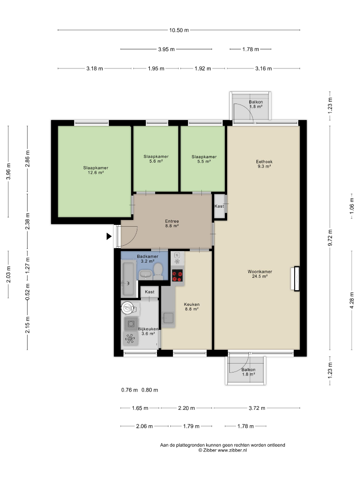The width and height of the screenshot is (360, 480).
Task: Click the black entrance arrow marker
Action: point(109,236)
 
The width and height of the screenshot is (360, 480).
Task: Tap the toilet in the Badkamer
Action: point(158,272)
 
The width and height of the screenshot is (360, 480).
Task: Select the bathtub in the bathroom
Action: point(128,279)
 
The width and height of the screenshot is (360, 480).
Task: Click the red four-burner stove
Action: point(177,276)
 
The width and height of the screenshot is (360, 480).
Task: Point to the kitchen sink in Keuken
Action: point(168,318)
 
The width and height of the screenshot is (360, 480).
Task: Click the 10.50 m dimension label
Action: point(179,30)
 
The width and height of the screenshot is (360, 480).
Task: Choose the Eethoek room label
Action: point(264,162)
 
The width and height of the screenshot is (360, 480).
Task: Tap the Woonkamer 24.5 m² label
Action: point(260,274)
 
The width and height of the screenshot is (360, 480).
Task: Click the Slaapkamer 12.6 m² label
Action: point(96,170)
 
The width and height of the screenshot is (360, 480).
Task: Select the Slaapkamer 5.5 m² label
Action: point(204,159)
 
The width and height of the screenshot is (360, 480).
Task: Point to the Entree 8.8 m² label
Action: point(172,224)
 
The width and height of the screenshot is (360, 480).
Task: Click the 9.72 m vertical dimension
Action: point(330,237)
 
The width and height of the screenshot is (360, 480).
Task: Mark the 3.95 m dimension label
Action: point(166,49)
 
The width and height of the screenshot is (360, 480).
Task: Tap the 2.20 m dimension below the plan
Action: point(186,408)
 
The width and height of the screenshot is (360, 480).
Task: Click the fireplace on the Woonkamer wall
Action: point(295,279)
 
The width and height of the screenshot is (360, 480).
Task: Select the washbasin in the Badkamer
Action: point(145,275)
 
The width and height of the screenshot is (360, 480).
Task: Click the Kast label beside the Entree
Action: point(219,206)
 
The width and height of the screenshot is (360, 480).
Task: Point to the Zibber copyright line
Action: point(223,450)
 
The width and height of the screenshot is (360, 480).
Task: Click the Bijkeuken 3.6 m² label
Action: point(148,331)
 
